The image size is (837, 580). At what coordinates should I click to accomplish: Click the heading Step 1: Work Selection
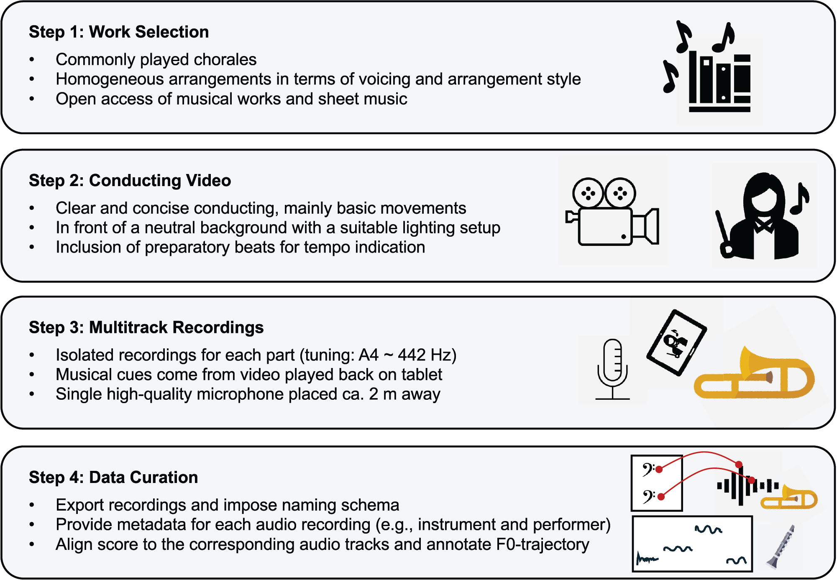point(119,32)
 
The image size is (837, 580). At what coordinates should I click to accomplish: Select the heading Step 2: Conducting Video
point(130,181)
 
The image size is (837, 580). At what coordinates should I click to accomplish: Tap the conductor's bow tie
point(764,226)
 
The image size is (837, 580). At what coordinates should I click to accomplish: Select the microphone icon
point(612,368)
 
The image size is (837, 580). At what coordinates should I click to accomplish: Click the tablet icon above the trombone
point(676,342)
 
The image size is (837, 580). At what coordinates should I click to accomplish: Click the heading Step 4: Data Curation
point(113,478)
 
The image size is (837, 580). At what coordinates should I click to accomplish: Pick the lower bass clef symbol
point(648,497)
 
